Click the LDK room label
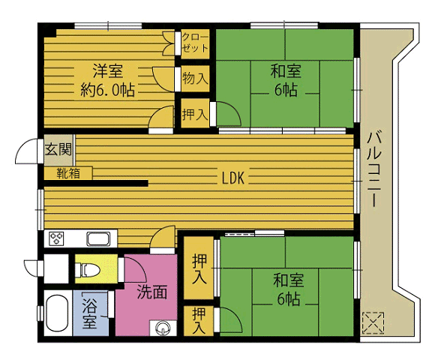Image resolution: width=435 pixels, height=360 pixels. [233, 178]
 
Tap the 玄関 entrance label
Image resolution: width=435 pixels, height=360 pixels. [58, 149]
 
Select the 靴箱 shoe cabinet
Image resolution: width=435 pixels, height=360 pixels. [68, 173]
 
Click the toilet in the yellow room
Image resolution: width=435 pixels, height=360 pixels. [87, 270]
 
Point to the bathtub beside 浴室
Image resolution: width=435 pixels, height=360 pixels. [57, 313]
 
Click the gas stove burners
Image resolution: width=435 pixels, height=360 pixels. [56, 238]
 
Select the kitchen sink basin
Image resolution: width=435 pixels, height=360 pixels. [98, 238]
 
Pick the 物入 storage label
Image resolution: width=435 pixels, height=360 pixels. [195, 78]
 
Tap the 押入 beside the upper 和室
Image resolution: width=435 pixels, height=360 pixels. [195, 114]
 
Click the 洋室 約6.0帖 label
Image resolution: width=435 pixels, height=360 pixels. [108, 80]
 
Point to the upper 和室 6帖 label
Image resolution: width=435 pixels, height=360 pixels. [286, 80]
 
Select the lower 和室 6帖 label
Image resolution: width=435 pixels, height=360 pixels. [289, 289]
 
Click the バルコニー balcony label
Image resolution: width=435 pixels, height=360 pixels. [374, 169]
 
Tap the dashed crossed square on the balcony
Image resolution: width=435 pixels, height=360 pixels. [373, 322]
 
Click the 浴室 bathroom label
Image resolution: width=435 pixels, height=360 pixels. [89, 313]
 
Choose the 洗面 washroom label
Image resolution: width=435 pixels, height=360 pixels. [152, 292]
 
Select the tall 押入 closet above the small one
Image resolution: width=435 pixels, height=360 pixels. [199, 268]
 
